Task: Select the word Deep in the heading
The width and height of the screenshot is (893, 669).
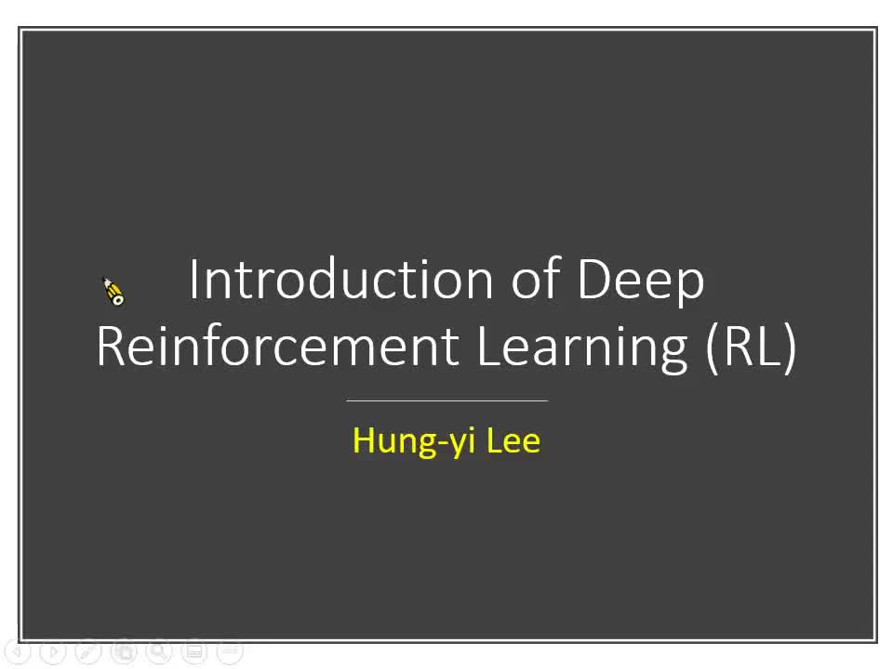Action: click(x=641, y=279)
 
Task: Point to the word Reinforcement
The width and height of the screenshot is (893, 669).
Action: click(x=277, y=346)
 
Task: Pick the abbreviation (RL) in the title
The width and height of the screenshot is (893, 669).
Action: click(x=752, y=346)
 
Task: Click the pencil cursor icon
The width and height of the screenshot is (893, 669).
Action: click(x=113, y=291)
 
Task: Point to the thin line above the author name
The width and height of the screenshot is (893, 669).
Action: click(x=446, y=400)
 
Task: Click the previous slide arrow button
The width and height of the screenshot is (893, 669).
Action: click(x=18, y=651)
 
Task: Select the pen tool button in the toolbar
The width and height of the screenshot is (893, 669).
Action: click(x=88, y=651)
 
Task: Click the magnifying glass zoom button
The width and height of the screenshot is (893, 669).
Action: click(x=159, y=651)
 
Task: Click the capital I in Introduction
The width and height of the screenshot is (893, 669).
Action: click(x=193, y=279)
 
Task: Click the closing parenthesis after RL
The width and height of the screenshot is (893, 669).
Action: click(x=790, y=346)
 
